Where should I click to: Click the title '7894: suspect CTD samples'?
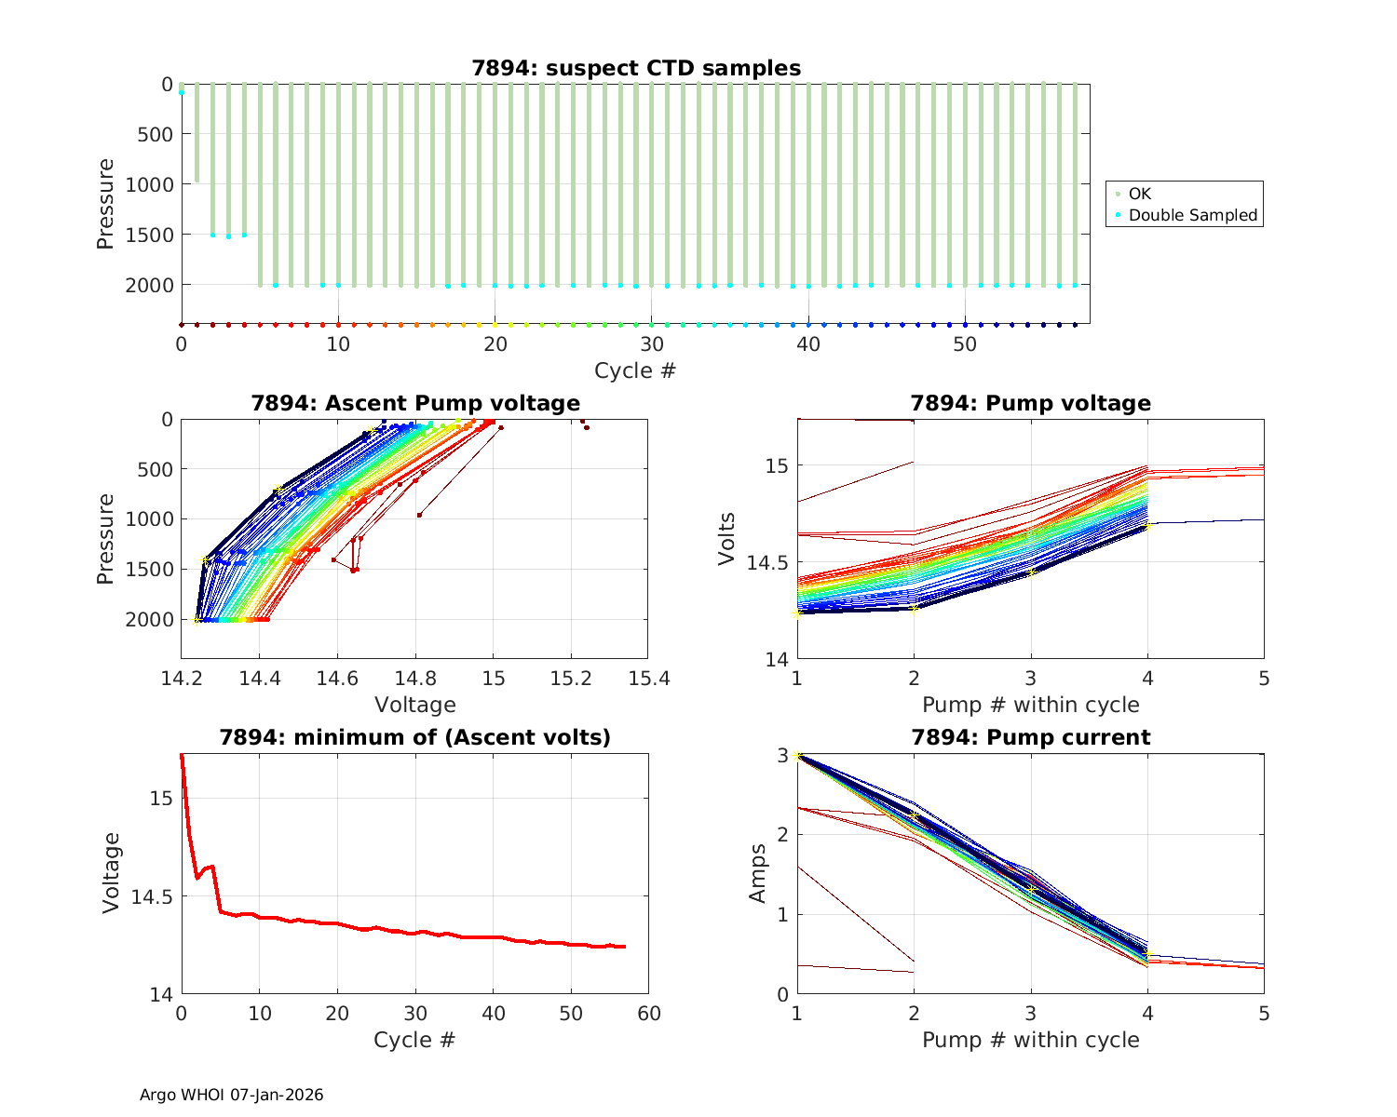coord(636,68)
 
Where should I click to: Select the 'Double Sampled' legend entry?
coord(1192,215)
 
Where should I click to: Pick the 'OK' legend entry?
coord(1139,194)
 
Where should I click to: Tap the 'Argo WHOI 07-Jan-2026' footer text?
coord(231,1095)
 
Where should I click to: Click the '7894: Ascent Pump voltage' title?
coord(415,403)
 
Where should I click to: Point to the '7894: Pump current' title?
coord(1030,737)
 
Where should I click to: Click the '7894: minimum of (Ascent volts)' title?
coord(415,737)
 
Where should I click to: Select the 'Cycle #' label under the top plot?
coord(635,370)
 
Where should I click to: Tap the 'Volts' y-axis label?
coord(727,539)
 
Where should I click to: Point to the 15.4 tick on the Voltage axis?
coord(649,678)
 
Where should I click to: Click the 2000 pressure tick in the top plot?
coord(149,285)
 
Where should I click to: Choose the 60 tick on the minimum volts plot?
coord(649,1013)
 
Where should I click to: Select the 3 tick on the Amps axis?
coord(783,754)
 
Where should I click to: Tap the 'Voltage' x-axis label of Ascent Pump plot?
coord(415,705)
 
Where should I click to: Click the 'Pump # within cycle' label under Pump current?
coord(1030,1040)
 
